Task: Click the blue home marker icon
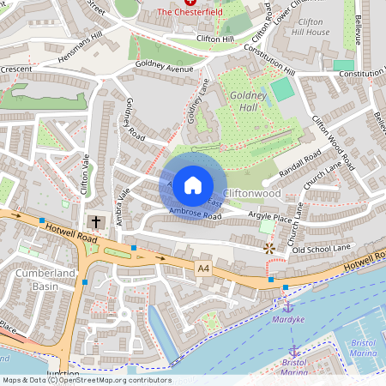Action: point(193,184)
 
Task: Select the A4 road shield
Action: point(203,269)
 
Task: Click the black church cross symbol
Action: point(96,222)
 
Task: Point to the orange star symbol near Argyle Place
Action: point(269,248)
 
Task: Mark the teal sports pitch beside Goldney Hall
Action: point(282,88)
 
